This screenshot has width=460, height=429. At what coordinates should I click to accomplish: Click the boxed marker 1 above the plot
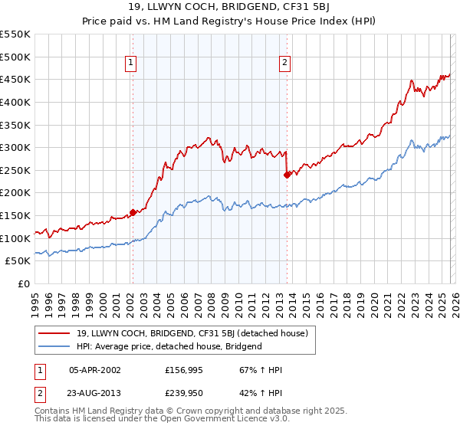132,64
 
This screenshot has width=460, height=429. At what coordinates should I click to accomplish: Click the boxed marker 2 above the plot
284,64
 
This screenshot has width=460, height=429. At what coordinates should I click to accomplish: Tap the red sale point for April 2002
133,212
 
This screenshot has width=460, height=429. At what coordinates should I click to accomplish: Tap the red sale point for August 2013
287,175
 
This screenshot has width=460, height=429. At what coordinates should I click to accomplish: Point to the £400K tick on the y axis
15,102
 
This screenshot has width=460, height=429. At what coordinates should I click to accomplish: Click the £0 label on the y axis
22,284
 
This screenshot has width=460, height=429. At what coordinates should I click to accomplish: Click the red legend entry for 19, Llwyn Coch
192,333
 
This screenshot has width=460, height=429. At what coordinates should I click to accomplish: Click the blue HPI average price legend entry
169,346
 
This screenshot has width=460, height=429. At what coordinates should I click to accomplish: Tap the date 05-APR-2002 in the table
94,370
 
